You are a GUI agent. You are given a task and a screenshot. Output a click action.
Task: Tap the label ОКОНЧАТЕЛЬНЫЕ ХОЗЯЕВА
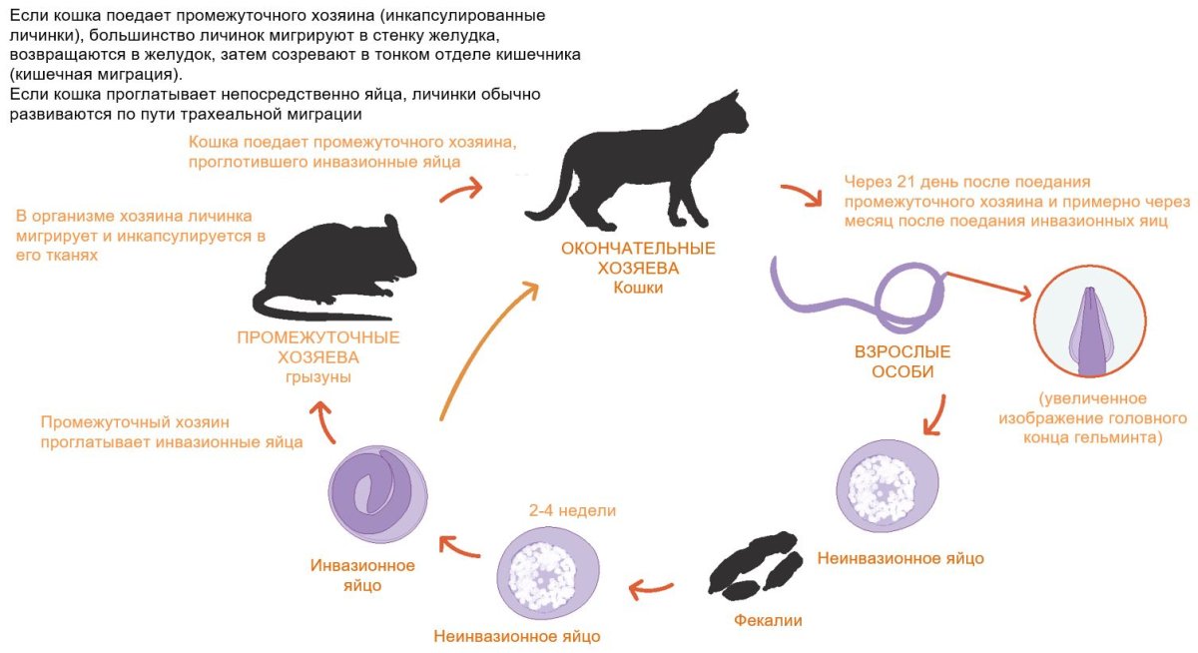[x=638, y=259]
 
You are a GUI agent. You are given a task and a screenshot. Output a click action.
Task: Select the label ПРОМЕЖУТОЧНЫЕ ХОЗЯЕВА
[x=318, y=346]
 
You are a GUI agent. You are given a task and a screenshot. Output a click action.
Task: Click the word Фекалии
[x=768, y=620]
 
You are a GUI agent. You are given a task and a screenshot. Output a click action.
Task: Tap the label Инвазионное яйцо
[x=362, y=575]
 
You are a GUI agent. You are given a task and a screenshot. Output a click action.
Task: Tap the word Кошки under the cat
[x=638, y=288]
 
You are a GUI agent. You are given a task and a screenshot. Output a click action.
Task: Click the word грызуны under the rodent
[x=318, y=377]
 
